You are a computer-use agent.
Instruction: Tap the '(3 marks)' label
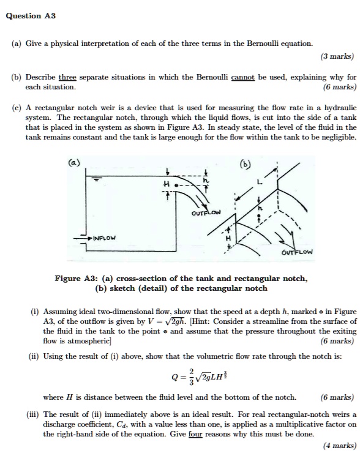tap(337, 56)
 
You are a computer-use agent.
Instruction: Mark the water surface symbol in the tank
tap(97, 180)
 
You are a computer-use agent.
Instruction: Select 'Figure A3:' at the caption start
tap(73, 279)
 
